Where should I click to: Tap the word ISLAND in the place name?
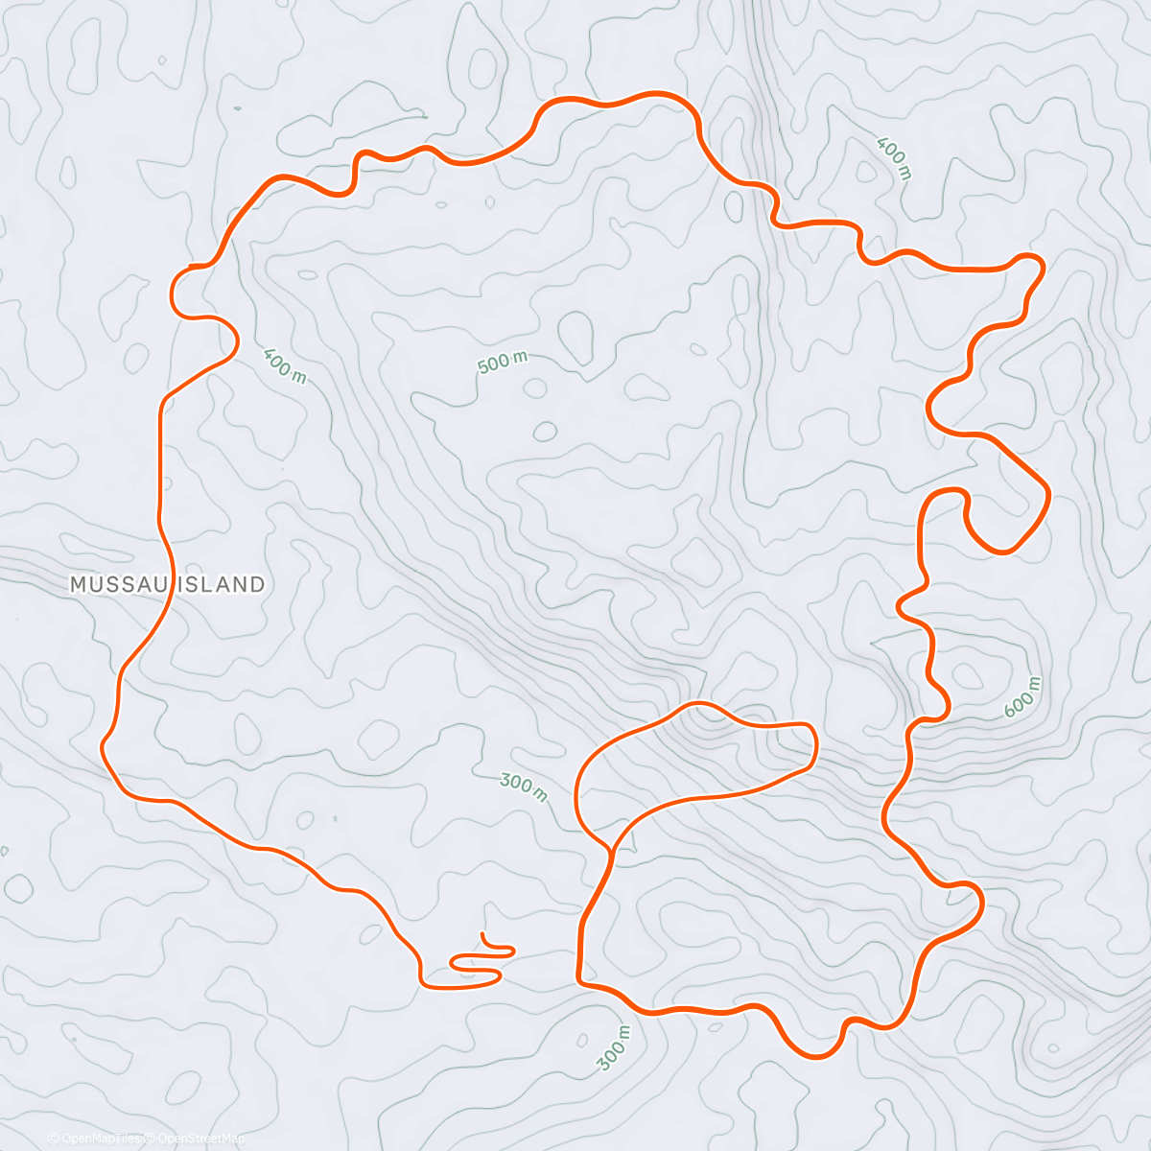point(220,584)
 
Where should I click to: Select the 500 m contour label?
point(503,363)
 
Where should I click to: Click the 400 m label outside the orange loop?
point(894,159)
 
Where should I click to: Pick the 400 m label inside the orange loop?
point(284,364)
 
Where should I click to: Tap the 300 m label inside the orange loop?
point(524,787)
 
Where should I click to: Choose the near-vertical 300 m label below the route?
point(614,1047)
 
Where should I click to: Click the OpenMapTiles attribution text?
point(102,1139)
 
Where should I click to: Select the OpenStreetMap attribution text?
point(200,1139)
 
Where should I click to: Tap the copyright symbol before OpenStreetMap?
point(150,1139)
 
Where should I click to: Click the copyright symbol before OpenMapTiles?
point(54,1139)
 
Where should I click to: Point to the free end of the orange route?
point(483,933)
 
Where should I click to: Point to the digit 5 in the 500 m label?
point(482,368)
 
